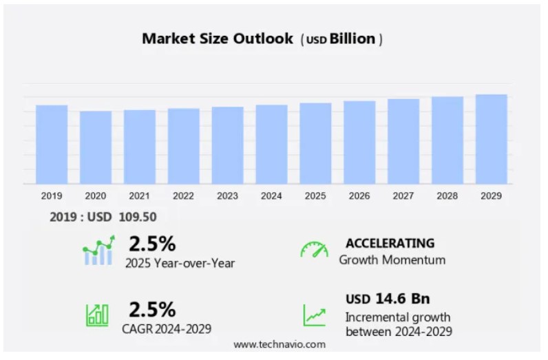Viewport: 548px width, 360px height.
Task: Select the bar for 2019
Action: pyautogui.click(x=52, y=145)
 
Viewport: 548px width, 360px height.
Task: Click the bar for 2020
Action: pyautogui.click(x=96, y=147)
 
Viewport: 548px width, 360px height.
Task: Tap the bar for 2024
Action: pyautogui.click(x=271, y=145)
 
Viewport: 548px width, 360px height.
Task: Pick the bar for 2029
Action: pyautogui.click(x=491, y=139)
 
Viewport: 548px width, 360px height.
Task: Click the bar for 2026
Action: pyautogui.click(x=359, y=142)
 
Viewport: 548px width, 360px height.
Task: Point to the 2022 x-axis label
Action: pyautogui.click(x=183, y=196)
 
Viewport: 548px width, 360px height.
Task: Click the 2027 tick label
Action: pyautogui.click(x=403, y=196)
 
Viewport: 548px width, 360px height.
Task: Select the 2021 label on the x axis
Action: pyautogui.click(x=139, y=196)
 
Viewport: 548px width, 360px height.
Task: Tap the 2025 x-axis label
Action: pyautogui.click(x=315, y=196)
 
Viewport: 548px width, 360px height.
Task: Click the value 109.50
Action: pyautogui.click(x=137, y=217)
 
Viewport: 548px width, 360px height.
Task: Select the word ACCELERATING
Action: pyautogui.click(x=390, y=243)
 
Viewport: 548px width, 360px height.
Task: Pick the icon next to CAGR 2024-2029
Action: pyautogui.click(x=97, y=315)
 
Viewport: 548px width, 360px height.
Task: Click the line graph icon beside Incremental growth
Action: pyautogui.click(x=315, y=315)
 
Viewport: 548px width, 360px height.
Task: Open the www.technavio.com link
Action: pyautogui.click(x=279, y=344)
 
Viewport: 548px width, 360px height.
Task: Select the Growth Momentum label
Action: pyautogui.click(x=392, y=260)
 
